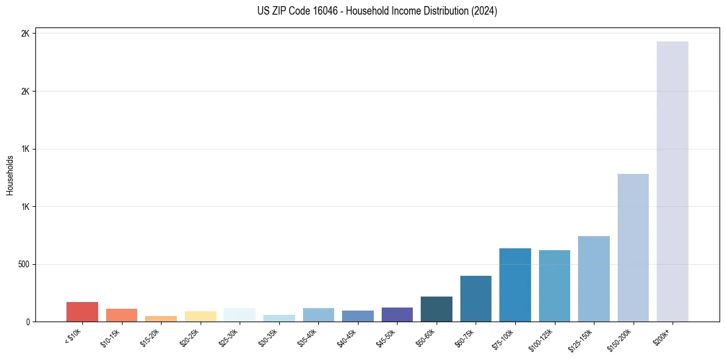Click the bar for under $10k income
pyautogui.click(x=82, y=312)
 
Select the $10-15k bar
pyautogui.click(x=121, y=315)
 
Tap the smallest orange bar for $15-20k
pyautogui.click(x=161, y=319)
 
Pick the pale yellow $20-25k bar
pyautogui.click(x=200, y=316)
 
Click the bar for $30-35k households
pyautogui.click(x=279, y=318)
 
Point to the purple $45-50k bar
pyautogui.click(x=397, y=314)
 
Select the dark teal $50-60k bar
pyautogui.click(x=437, y=309)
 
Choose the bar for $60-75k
pyautogui.click(x=476, y=298)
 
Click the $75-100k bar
pyautogui.click(x=515, y=285)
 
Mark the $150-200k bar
pyautogui.click(x=633, y=248)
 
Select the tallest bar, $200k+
pyautogui.click(x=673, y=181)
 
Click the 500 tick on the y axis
pyautogui.click(x=23, y=264)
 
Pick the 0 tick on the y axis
pyautogui.click(x=27, y=322)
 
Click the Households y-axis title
pyautogui.click(x=10, y=175)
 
